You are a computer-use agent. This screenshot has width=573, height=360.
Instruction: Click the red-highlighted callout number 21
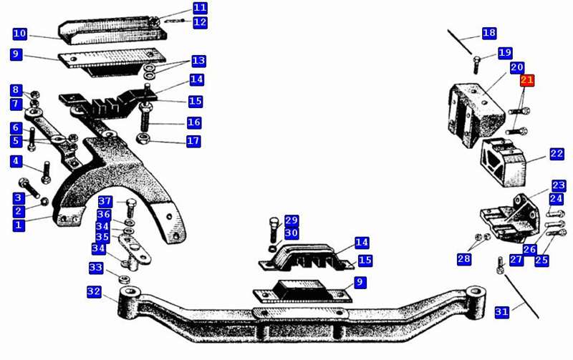[x=527, y=80]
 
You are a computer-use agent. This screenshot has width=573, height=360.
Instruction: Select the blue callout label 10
[x=20, y=34]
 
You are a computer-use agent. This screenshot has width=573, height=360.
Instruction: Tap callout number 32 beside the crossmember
[x=94, y=292]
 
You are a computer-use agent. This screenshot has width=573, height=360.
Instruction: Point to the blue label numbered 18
[x=489, y=33]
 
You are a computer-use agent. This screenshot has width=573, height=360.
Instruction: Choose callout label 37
[x=105, y=201]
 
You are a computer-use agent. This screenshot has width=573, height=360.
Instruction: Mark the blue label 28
[x=464, y=259]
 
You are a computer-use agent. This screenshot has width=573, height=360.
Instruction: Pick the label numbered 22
[x=557, y=154]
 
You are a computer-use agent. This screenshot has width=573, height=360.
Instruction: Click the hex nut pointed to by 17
[x=142, y=139]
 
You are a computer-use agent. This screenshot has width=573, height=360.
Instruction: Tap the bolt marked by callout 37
[x=130, y=208]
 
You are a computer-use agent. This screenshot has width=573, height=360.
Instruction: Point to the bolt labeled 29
[x=274, y=230]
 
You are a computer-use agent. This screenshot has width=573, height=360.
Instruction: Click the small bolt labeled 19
[x=476, y=64]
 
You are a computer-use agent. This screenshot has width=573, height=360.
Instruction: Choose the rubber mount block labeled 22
[x=504, y=162]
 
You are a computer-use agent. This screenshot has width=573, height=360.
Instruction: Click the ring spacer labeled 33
[x=124, y=280]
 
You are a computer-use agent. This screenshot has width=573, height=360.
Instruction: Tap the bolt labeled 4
[x=47, y=172]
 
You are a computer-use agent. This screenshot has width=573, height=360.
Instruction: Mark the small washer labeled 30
[x=272, y=248]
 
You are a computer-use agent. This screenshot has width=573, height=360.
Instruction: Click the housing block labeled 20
[x=476, y=115]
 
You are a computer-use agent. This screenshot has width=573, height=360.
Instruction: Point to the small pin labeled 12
[x=174, y=21]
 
